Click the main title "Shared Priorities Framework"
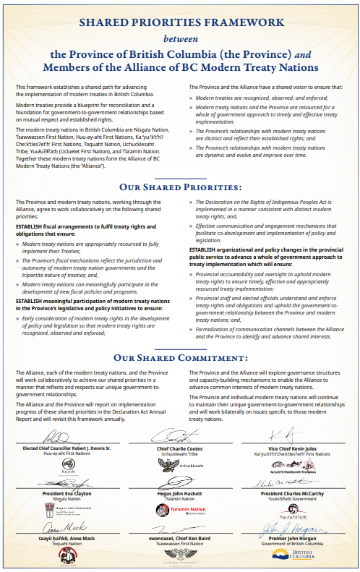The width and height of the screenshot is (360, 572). point(179,23)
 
